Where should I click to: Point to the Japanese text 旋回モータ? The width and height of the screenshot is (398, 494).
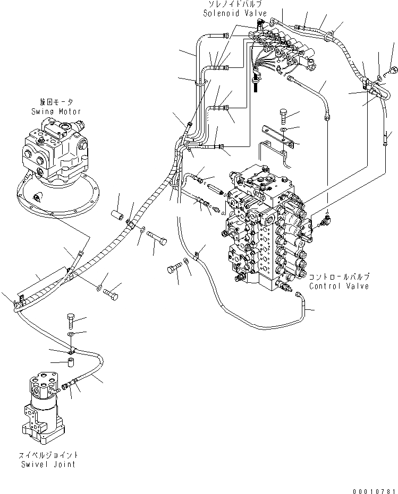point(56,102)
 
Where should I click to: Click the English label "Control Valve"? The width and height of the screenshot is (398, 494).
point(338,286)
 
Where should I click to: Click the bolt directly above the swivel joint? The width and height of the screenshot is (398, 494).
point(72,320)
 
